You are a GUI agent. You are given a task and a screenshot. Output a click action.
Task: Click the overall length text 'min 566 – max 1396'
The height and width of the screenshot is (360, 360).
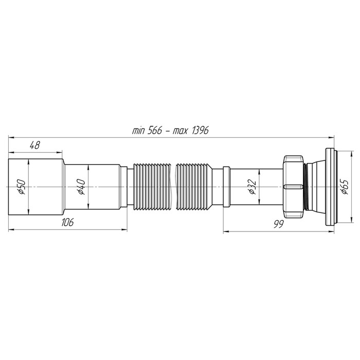170,131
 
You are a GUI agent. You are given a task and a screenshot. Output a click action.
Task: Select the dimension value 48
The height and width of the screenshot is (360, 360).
35,146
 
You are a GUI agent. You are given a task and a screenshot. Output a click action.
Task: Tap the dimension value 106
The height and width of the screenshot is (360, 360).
67,222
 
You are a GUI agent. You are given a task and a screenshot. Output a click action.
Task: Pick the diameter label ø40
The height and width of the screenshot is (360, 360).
81,188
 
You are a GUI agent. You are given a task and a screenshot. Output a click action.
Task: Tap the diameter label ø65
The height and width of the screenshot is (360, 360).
344,188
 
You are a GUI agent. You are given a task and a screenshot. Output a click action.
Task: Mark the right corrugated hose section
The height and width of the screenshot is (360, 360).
194,186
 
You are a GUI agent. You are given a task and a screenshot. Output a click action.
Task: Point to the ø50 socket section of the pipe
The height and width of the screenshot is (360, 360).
44,186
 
